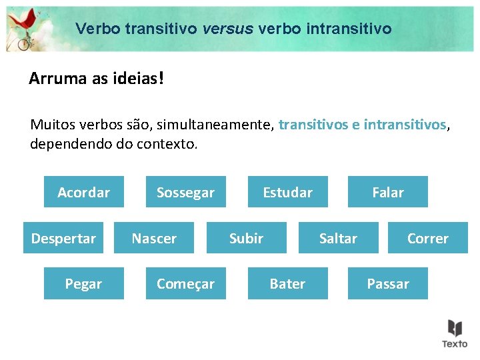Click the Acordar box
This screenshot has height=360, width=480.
[83, 192]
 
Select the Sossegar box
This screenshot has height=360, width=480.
[185, 192]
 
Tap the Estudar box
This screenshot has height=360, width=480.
[287, 192]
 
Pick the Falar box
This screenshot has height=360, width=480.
[387, 192]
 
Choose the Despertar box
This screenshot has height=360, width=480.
[63, 238]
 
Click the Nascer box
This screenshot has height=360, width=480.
[154, 238]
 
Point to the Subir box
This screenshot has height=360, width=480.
[246, 238]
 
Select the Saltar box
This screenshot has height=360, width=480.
[338, 238]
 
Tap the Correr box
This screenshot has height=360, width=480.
[427, 238]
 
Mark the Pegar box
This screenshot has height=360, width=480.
[83, 283]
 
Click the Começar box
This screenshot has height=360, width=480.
[185, 283]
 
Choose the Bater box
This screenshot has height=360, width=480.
[287, 283]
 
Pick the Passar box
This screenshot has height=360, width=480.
[387, 283]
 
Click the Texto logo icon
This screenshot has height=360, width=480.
[455, 332]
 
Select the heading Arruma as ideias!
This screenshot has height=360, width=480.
[95, 79]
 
